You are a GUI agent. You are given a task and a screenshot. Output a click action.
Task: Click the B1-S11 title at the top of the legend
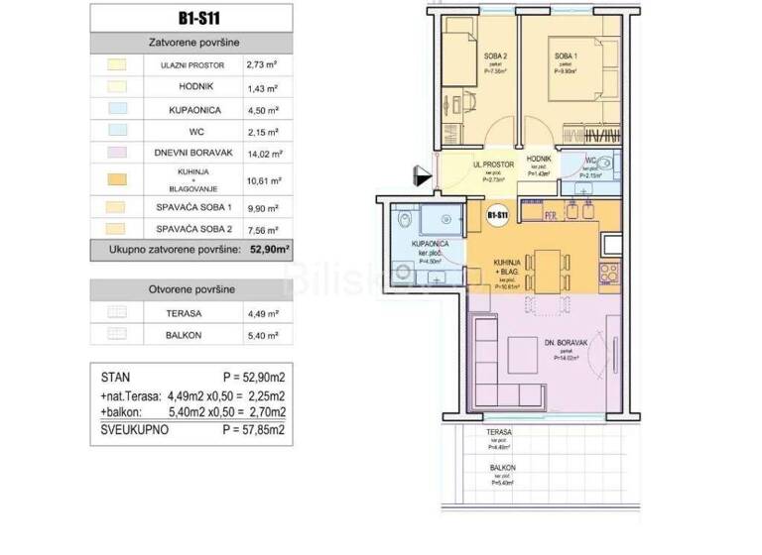192,17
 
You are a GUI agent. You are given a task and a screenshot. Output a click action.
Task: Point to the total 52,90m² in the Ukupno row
268,250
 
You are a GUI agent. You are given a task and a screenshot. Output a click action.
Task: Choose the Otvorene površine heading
192,289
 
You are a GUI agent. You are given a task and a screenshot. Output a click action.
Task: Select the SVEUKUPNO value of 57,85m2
254,431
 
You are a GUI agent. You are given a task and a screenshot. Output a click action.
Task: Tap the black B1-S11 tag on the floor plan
497,213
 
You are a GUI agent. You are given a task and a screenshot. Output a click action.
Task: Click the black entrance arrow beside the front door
423,178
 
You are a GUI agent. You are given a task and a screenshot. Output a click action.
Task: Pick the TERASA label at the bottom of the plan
499,433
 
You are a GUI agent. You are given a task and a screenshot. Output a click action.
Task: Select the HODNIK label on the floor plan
539,160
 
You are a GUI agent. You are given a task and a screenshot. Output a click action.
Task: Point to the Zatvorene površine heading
192,43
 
